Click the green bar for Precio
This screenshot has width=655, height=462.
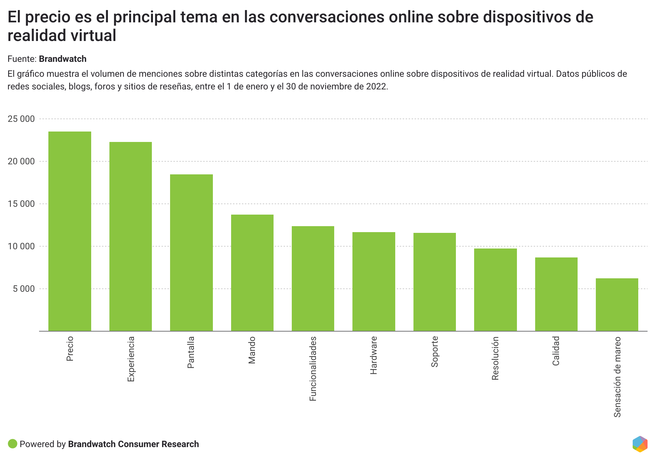pyautogui.click(x=70, y=231)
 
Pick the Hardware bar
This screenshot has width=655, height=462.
pyautogui.click(x=374, y=281)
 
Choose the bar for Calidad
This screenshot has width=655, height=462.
pyautogui.click(x=556, y=294)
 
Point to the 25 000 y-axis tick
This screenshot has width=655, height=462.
pyautogui.click(x=21, y=119)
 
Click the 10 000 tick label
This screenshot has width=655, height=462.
pyautogui.click(x=21, y=246)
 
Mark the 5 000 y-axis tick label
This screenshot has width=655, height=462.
pyautogui.click(x=24, y=289)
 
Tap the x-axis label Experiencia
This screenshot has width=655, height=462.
pyautogui.click(x=131, y=359)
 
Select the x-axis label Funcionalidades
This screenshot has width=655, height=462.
pyautogui.click(x=313, y=368)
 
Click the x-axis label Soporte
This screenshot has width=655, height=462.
pyautogui.click(x=435, y=351)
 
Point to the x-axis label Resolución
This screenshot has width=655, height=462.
pyautogui.click(x=495, y=358)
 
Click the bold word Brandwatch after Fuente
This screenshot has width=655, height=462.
pyautogui.click(x=63, y=59)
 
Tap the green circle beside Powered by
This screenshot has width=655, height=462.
pyautogui.click(x=13, y=444)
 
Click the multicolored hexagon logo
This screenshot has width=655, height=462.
pyautogui.click(x=640, y=444)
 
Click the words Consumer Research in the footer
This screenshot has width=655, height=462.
pyautogui.click(x=158, y=444)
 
